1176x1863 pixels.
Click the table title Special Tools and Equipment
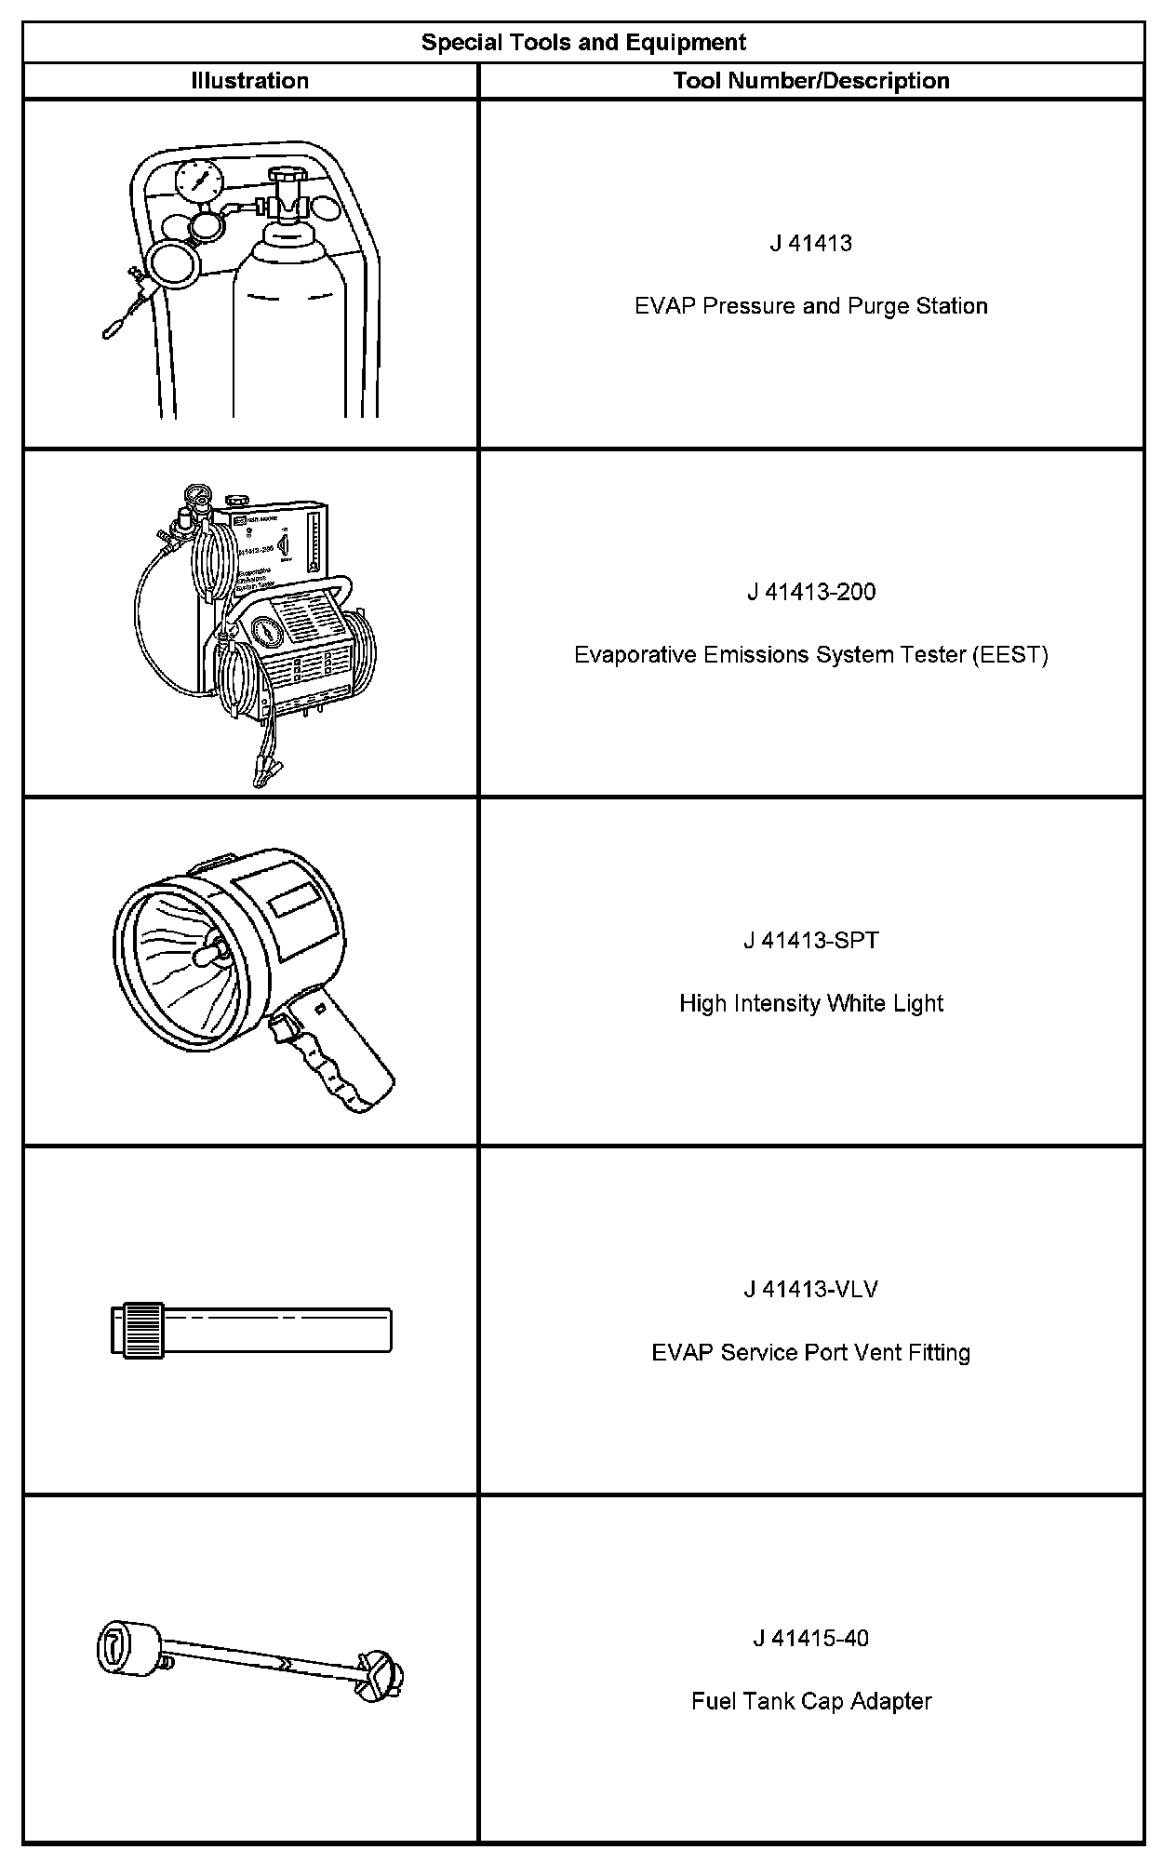[583, 43]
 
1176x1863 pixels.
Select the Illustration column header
[249, 81]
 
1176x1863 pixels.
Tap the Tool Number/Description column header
[810, 81]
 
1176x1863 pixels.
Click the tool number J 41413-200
[810, 592]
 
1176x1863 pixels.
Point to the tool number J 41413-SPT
[810, 941]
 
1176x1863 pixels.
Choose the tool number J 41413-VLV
[810, 1290]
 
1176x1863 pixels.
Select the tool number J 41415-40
[810, 1639]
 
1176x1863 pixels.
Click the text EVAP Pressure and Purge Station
[810, 306]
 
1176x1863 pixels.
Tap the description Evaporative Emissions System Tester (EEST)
[810, 655]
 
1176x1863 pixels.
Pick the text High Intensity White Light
[810, 1003]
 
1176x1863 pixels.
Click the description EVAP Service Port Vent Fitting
[810, 1352]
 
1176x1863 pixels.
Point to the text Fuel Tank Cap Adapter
[810, 1701]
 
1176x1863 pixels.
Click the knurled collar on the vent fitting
[145, 1330]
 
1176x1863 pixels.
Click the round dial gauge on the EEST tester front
[267, 635]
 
